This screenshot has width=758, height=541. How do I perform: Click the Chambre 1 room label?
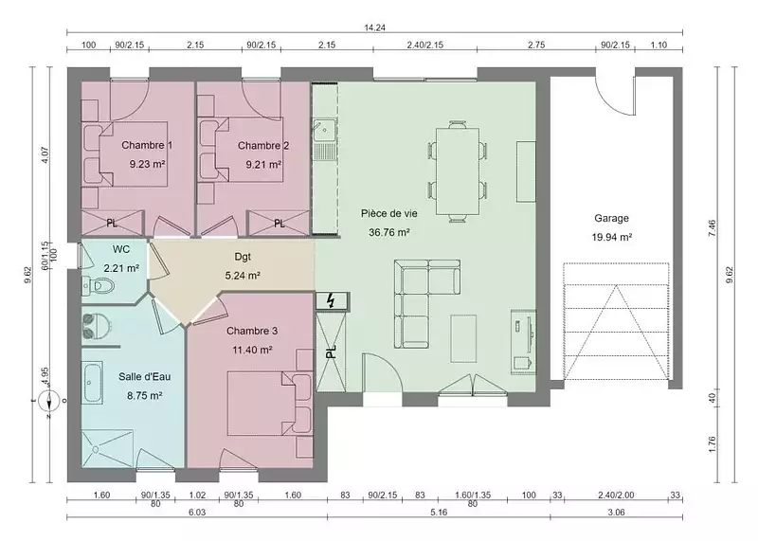coord(147,145)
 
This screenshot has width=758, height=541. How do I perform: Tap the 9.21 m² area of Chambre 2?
coord(263,164)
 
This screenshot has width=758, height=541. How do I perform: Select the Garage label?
coord(611,218)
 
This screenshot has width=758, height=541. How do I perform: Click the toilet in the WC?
coord(99,286)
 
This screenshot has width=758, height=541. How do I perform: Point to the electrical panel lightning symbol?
coord(332,301)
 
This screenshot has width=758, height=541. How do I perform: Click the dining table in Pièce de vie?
coord(458,171)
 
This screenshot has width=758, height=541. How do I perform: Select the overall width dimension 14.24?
coord(374,27)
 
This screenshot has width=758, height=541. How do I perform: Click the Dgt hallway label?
coord(243,257)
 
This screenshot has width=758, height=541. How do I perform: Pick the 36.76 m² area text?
coord(389,232)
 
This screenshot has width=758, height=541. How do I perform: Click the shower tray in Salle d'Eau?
coord(107,449)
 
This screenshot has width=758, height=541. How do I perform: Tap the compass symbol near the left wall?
coord(50,401)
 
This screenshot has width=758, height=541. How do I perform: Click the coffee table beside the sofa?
coord(463,338)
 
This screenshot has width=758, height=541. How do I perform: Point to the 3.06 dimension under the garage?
coord(617,513)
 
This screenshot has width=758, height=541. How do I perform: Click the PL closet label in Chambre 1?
coord(112,224)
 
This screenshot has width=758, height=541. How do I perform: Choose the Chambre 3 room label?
coord(252,332)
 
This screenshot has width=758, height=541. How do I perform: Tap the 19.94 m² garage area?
coord(612,238)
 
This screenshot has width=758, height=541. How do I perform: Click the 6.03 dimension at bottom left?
coord(197,513)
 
